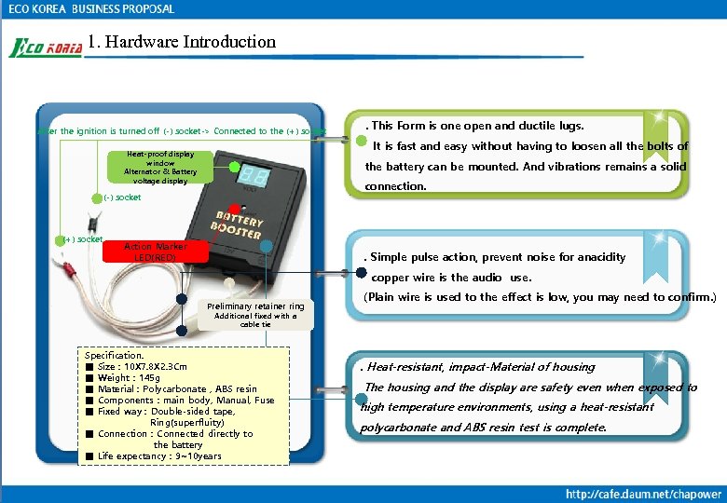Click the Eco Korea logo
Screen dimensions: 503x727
point(45,47)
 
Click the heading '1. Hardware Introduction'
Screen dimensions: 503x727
point(182,42)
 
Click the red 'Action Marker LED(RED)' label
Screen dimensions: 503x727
point(156,251)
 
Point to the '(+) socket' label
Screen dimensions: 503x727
point(82,239)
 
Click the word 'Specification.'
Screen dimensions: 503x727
point(115,356)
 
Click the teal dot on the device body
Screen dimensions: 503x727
point(267,247)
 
